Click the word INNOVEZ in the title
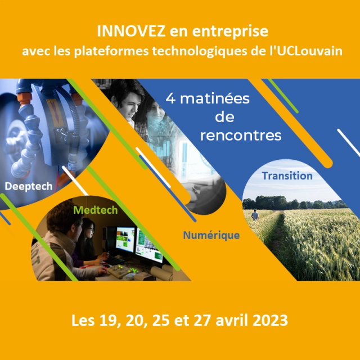tap(131, 31)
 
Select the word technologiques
tap(200, 51)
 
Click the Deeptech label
tap(29, 186)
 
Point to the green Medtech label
tap(95, 210)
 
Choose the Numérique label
tap(211, 235)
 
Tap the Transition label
tap(287, 176)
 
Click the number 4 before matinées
tap(170, 99)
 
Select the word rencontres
tap(241, 136)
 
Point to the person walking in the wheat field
tap(255, 215)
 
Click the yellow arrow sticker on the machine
tap(56, 112)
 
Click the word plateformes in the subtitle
tap(111, 51)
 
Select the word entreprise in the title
tap(230, 32)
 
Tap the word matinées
tap(215, 99)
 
